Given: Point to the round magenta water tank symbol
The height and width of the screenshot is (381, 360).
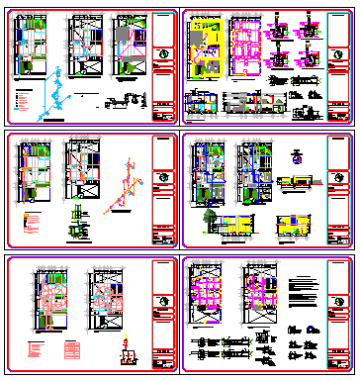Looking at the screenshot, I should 296,156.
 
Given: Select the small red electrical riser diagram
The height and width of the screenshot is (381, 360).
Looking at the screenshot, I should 126,347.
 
